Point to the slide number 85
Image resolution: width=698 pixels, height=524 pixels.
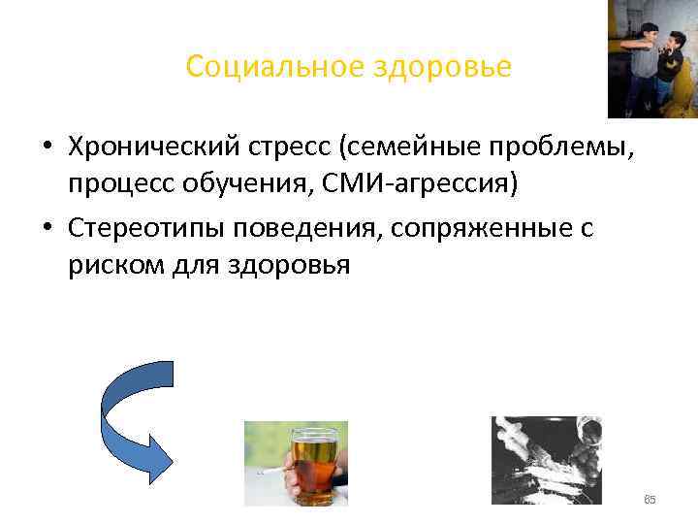[x=650, y=500]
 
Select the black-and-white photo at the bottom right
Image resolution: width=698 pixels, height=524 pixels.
[x=546, y=460]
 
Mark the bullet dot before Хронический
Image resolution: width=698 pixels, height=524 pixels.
[x=47, y=147]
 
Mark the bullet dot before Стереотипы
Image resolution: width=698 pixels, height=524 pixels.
[x=47, y=229]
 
